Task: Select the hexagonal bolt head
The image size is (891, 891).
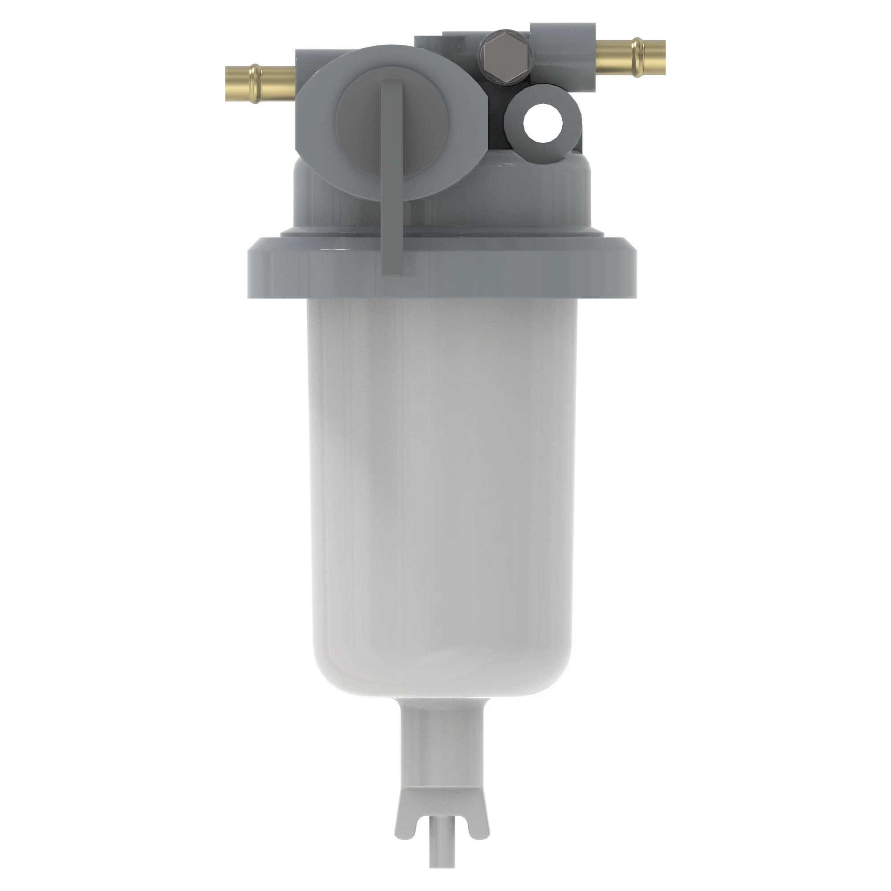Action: [x=505, y=58]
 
